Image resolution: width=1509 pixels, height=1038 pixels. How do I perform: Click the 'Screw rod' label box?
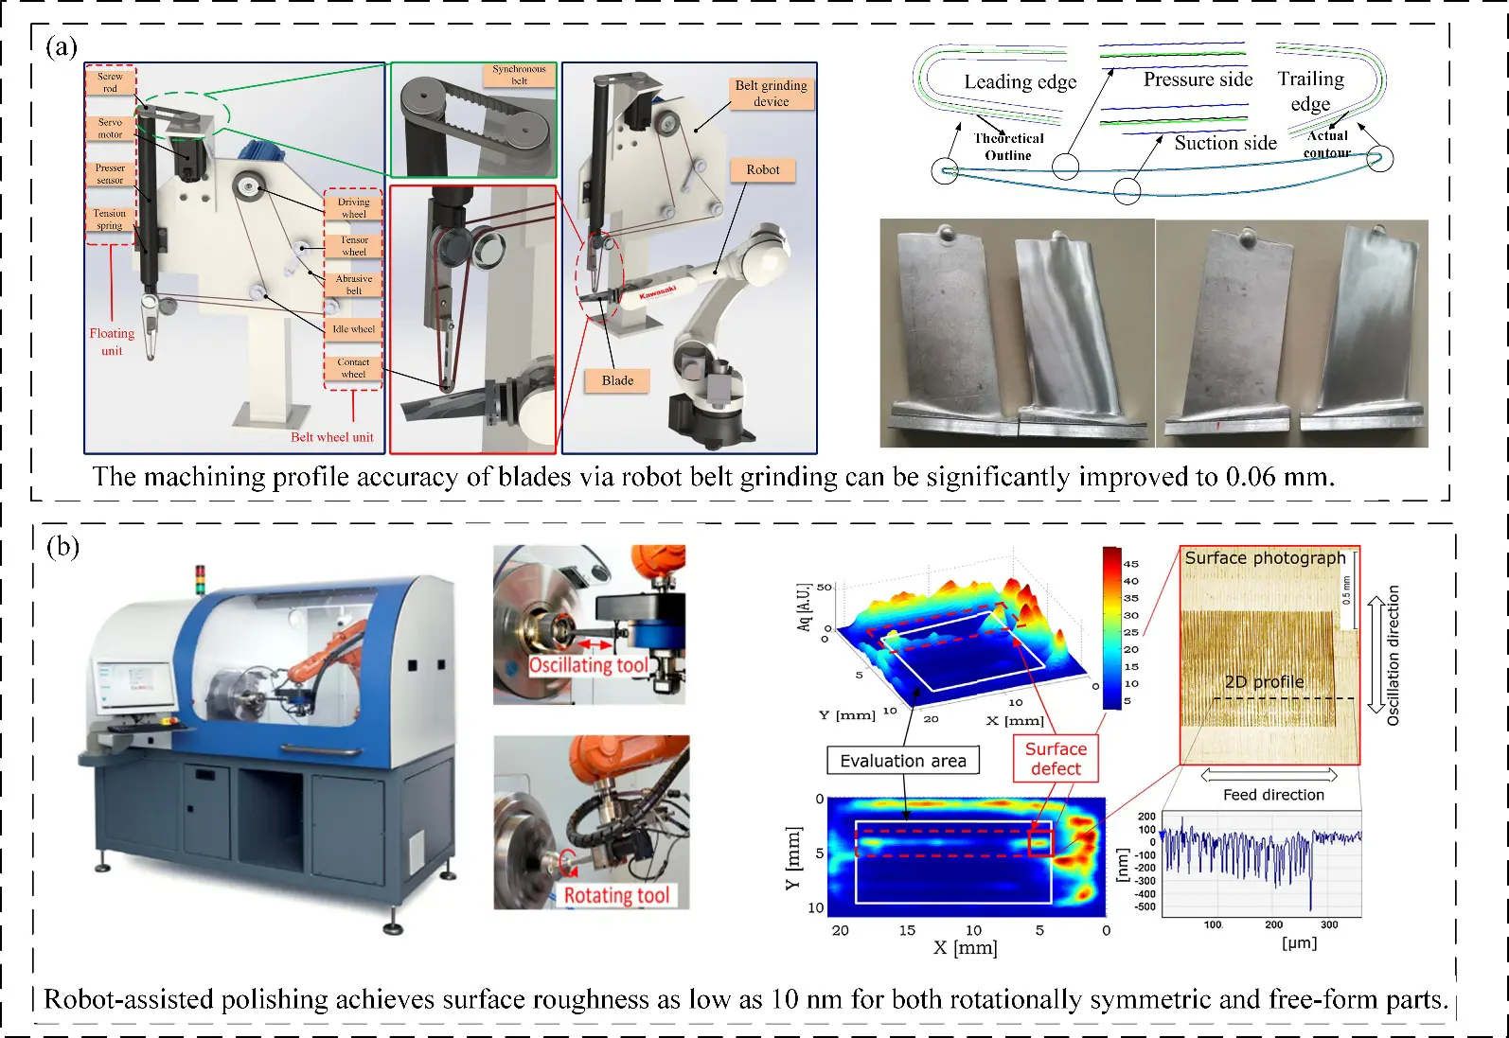(x=110, y=82)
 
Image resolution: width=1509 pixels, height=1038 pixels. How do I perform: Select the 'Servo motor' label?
(x=110, y=129)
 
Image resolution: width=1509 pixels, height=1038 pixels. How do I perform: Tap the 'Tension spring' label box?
(x=110, y=220)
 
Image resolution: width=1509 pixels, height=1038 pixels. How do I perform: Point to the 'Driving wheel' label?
(x=353, y=208)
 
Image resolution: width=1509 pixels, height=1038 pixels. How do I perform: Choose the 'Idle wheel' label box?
(x=353, y=329)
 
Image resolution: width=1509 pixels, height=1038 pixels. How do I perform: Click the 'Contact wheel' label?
(x=353, y=368)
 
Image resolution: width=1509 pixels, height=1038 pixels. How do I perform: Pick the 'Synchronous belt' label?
(x=519, y=75)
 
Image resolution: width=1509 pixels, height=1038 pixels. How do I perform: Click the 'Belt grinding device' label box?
(x=771, y=93)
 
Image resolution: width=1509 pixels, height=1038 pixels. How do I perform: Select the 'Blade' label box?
(x=617, y=380)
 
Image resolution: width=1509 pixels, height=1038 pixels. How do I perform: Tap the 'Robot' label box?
(x=762, y=170)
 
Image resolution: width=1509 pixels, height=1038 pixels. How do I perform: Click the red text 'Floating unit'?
(x=112, y=342)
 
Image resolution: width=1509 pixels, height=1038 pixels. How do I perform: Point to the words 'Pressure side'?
(x=1198, y=79)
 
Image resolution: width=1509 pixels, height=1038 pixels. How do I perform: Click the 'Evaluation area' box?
(x=903, y=761)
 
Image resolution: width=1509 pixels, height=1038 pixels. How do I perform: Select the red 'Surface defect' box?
(x=1056, y=759)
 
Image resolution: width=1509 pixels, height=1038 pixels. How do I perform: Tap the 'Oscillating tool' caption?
(x=589, y=665)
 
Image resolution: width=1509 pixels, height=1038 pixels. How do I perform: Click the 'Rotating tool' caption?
(x=616, y=895)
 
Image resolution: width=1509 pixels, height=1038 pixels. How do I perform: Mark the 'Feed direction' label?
(x=1273, y=795)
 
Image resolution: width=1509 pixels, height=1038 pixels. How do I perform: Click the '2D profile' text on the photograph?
(x=1264, y=682)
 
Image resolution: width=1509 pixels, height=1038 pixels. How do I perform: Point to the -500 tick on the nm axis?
(x=1146, y=906)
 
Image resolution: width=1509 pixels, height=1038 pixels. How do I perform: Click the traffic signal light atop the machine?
(x=200, y=579)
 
